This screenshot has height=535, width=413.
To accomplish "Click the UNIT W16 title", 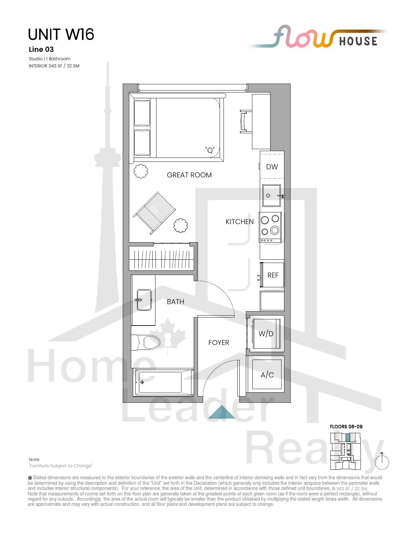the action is tap(61, 34).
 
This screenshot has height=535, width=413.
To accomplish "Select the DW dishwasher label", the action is tap(272, 167).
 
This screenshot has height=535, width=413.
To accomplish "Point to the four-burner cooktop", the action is tap(270, 227).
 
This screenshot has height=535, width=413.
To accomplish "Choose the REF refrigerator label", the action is tap(273, 275).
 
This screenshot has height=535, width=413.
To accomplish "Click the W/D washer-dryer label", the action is tap(266, 334).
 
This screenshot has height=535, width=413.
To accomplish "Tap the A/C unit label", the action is tap(267, 375).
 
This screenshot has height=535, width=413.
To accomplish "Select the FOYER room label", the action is tap(219, 342).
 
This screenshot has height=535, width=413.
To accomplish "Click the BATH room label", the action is tap(175, 302).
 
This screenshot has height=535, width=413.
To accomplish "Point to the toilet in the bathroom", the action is tap(146, 342).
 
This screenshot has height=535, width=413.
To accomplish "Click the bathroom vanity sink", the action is tap(144, 300).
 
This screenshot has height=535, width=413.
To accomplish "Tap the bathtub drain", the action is tap(142, 382).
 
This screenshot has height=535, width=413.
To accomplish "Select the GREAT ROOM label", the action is tap(189, 175).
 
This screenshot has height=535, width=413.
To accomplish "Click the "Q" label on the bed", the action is tap(210, 150).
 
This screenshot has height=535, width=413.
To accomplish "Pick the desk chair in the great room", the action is tap(246, 122).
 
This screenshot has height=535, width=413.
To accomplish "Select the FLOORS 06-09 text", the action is tap(346, 427).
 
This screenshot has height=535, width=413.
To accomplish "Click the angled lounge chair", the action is tap(155, 213).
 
